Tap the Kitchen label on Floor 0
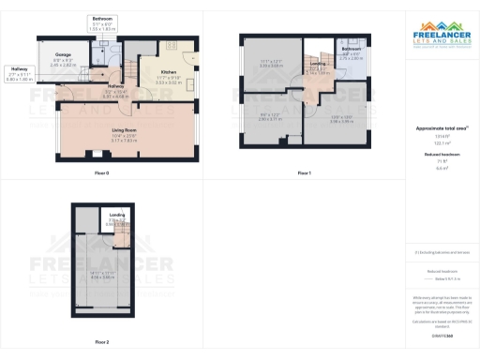click(x=169, y=71)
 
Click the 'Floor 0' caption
click(x=102, y=173)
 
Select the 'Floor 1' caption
click(x=304, y=173)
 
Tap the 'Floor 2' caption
click(x=101, y=342)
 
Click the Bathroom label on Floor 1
click(x=352, y=52)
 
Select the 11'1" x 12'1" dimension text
click(x=270, y=63)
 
